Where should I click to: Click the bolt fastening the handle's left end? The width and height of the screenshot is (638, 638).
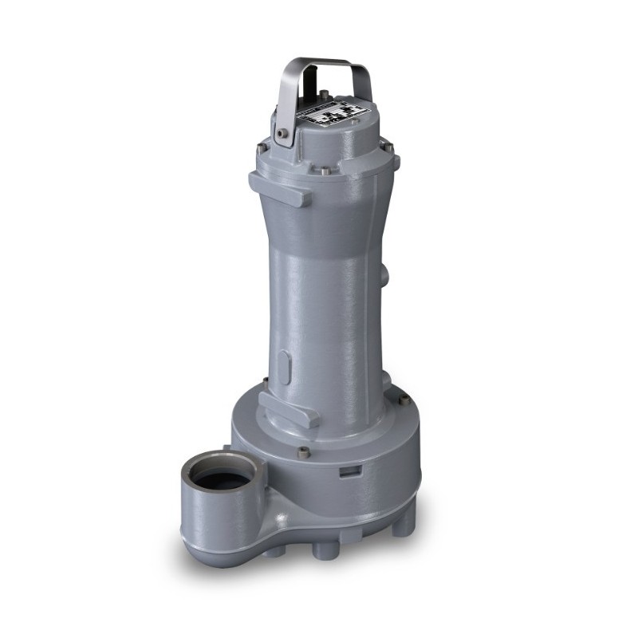[x=282, y=134]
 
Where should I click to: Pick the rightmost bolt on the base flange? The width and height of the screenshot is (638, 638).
[x=404, y=399]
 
